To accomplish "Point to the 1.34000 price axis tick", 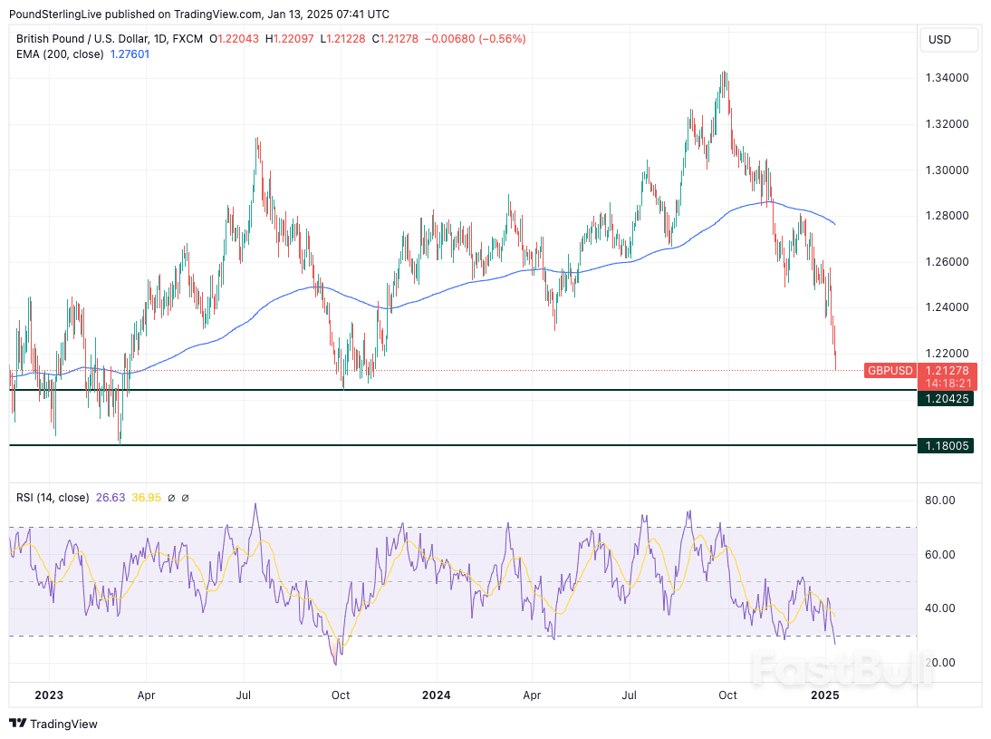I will click(x=947, y=78).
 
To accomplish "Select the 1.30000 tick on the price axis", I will click(x=947, y=170).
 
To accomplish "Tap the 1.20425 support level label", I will click(x=947, y=398).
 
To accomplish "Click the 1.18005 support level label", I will click(x=947, y=446).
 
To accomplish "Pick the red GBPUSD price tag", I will click(x=890, y=371).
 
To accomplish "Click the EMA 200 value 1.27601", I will click(x=130, y=54).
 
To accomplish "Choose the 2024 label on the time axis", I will click(x=436, y=695).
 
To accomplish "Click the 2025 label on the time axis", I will click(x=824, y=695).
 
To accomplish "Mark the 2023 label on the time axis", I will click(x=48, y=695).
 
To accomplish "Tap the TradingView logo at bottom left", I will click(x=54, y=724).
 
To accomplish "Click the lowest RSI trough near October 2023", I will click(x=337, y=664).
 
